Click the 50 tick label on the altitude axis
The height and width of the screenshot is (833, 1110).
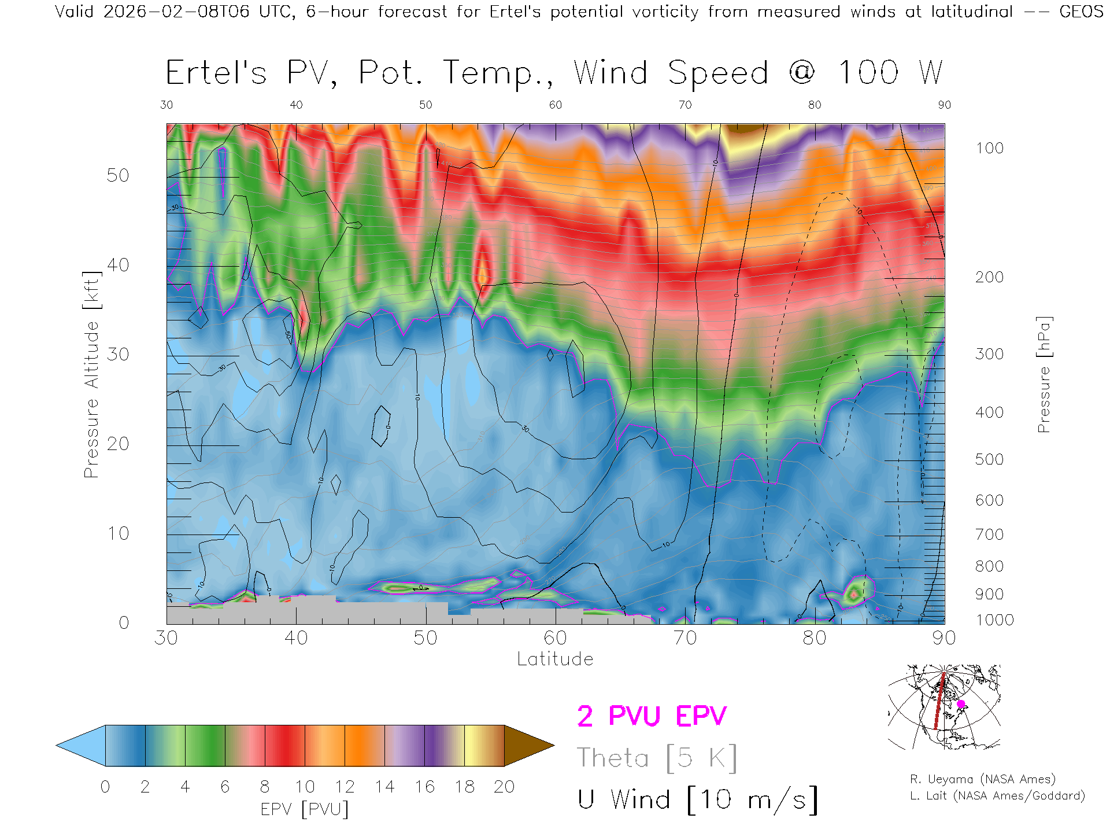117,175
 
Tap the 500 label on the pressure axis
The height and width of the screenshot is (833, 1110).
989,459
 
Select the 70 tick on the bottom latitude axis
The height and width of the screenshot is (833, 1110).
685,637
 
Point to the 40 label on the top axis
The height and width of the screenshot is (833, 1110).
296,105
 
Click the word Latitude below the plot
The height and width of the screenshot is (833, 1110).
555,659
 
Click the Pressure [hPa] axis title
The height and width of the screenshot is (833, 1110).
1044,374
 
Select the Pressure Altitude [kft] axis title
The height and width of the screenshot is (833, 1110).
91,374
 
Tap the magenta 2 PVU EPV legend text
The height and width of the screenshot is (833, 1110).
652,716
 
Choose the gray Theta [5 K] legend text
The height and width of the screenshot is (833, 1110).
657,758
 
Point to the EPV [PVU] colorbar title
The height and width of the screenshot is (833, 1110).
305,809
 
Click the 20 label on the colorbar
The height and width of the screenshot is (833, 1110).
504,787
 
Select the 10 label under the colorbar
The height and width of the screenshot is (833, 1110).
305,787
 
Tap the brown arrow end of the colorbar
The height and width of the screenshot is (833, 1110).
527,746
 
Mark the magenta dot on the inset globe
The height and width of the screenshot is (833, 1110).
961,704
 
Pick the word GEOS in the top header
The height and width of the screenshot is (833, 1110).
1081,12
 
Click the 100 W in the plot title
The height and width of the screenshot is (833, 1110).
890,73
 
